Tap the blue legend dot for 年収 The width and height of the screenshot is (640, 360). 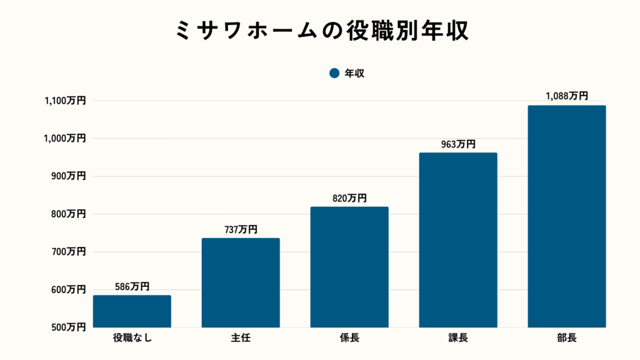[334, 73]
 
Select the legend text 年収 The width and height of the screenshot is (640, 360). [354, 73]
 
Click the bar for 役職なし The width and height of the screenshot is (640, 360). [132, 311]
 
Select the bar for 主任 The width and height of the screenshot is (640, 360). [241, 282]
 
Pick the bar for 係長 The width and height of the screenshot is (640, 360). [349, 267]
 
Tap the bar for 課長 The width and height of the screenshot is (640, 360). [458, 240]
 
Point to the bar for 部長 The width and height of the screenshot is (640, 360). [567, 216]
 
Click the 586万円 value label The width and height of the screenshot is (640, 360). [132, 287]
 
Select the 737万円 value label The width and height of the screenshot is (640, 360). [241, 229]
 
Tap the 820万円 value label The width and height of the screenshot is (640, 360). [349, 198]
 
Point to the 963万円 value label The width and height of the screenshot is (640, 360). [458, 144]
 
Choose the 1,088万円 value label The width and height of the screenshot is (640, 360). [567, 96]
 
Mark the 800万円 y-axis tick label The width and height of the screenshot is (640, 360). [68, 214]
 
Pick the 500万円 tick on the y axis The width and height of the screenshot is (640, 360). [68, 327]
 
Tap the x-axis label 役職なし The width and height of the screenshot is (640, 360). [132, 339]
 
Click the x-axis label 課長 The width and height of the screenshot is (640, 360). [458, 339]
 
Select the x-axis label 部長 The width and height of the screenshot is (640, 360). [567, 339]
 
